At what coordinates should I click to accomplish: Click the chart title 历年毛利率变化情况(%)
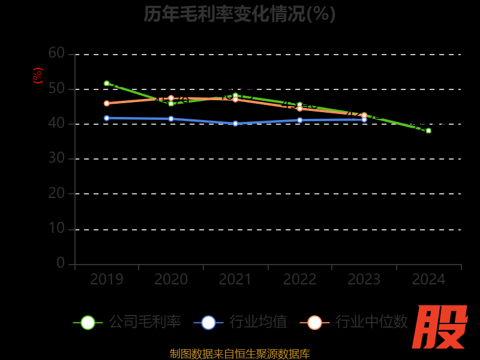(x=240, y=13)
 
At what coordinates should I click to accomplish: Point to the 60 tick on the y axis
(x=56, y=53)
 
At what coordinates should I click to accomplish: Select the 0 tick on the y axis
(x=61, y=263)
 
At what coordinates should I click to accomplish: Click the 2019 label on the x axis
(x=107, y=280)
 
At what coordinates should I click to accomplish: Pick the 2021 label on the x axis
(x=235, y=280)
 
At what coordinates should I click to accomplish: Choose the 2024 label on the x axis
(x=428, y=280)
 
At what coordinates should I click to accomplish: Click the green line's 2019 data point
(x=107, y=83)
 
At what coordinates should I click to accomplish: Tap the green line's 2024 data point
(x=428, y=130)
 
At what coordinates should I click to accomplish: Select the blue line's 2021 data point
(x=235, y=124)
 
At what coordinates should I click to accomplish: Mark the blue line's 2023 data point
(x=364, y=119)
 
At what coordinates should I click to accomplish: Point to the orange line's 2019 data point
(x=107, y=103)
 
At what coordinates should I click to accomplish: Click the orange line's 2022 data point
(x=300, y=109)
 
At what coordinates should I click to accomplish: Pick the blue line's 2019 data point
(x=107, y=118)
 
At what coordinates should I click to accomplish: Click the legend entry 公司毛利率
(x=127, y=322)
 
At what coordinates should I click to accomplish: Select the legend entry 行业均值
(x=241, y=322)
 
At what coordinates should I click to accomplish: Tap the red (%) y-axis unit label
(x=38, y=76)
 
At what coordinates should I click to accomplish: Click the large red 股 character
(x=440, y=327)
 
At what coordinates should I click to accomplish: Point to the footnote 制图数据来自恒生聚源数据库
(x=240, y=354)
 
